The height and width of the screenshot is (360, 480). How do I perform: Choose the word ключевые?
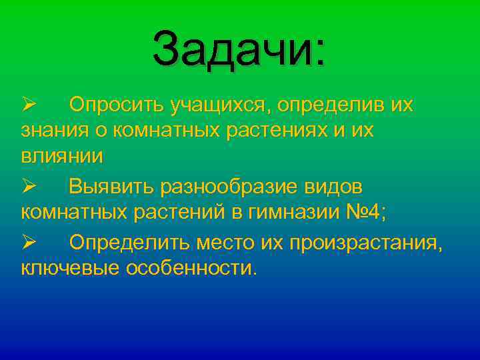pos(69,270)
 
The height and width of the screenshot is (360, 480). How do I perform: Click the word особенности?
pos(190,270)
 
